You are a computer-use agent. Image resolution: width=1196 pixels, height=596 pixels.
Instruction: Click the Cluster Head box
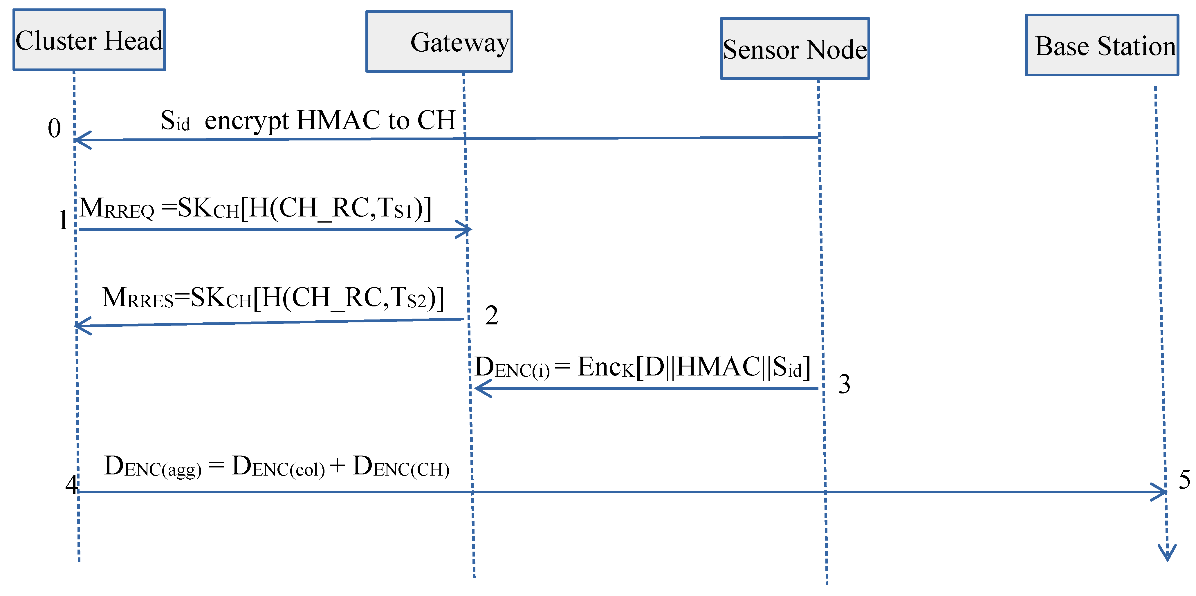[89, 40]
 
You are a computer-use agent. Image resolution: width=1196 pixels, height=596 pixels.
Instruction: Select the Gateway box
[439, 42]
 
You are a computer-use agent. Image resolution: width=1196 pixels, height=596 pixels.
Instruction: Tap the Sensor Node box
[795, 49]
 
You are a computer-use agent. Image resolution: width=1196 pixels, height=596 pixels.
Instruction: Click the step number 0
[54, 128]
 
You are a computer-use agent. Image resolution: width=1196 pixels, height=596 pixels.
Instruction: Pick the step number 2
[492, 316]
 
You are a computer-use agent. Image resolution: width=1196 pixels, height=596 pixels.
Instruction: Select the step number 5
[1184, 479]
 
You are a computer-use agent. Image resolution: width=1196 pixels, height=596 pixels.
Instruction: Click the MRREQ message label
[117, 208]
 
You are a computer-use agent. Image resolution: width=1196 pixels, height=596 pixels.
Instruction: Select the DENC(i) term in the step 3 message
[513, 368]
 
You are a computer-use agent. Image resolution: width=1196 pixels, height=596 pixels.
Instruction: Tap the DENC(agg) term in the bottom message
[153, 467]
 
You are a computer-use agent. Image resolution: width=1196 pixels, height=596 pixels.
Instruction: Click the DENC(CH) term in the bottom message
[401, 467]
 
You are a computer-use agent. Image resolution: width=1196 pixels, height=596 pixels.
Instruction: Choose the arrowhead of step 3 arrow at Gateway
[481, 388]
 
